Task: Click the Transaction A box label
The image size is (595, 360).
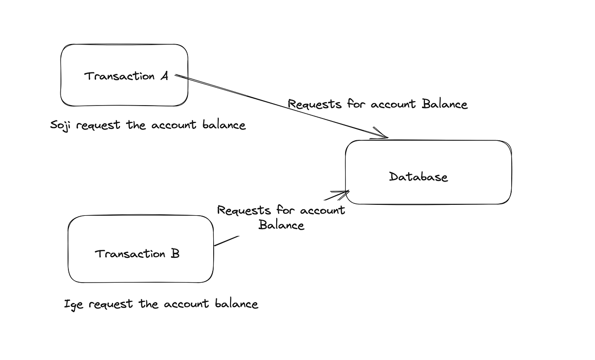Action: pyautogui.click(x=126, y=76)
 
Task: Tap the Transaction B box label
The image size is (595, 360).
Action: pyautogui.click(x=137, y=254)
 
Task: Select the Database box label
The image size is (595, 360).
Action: pyautogui.click(x=418, y=177)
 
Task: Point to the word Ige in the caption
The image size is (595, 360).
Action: pyautogui.click(x=73, y=304)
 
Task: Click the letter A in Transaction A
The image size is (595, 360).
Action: pyautogui.click(x=164, y=76)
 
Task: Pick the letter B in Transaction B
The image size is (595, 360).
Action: pyautogui.click(x=175, y=254)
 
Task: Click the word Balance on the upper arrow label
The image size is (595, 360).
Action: pyautogui.click(x=445, y=104)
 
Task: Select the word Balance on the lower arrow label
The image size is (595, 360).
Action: pyautogui.click(x=281, y=225)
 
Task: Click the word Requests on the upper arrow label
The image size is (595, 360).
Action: pyautogui.click(x=314, y=105)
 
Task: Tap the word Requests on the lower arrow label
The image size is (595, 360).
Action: pyautogui.click(x=244, y=211)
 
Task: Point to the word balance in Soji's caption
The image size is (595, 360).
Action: pyautogui.click(x=224, y=124)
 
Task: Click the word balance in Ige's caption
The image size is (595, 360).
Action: pyautogui.click(x=237, y=303)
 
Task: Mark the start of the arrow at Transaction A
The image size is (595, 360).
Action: pyautogui.click(x=177, y=76)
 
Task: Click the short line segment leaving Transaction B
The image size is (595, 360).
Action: pyautogui.click(x=227, y=240)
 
